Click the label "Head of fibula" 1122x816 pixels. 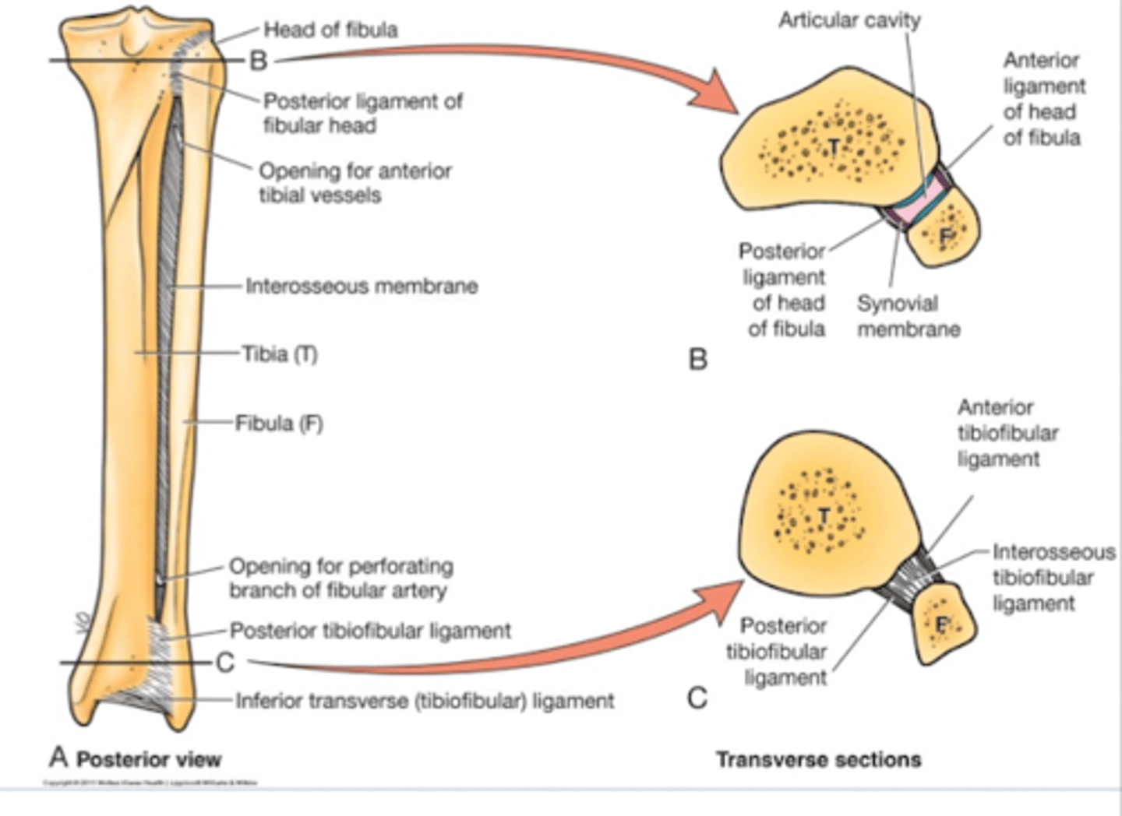(x=330, y=30)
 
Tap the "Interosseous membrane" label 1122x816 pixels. (x=362, y=287)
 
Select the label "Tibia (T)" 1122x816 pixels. (x=280, y=354)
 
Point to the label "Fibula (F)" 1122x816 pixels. (x=279, y=424)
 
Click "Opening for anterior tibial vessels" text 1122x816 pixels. (x=355, y=183)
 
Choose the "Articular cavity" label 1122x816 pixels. (x=849, y=20)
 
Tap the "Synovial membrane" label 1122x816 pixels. (x=909, y=316)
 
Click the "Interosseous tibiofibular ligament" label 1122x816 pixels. (x=1052, y=578)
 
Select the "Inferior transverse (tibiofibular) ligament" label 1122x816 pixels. (x=425, y=702)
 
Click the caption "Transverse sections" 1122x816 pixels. (x=818, y=759)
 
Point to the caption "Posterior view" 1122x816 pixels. (x=149, y=759)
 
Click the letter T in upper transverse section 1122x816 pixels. (x=834, y=146)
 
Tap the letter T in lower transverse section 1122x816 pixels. (x=824, y=515)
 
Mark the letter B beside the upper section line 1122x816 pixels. (x=258, y=61)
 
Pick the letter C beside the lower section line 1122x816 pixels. (x=225, y=663)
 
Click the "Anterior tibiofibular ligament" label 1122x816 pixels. (x=1007, y=433)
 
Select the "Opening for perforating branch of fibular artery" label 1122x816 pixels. (x=340, y=578)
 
